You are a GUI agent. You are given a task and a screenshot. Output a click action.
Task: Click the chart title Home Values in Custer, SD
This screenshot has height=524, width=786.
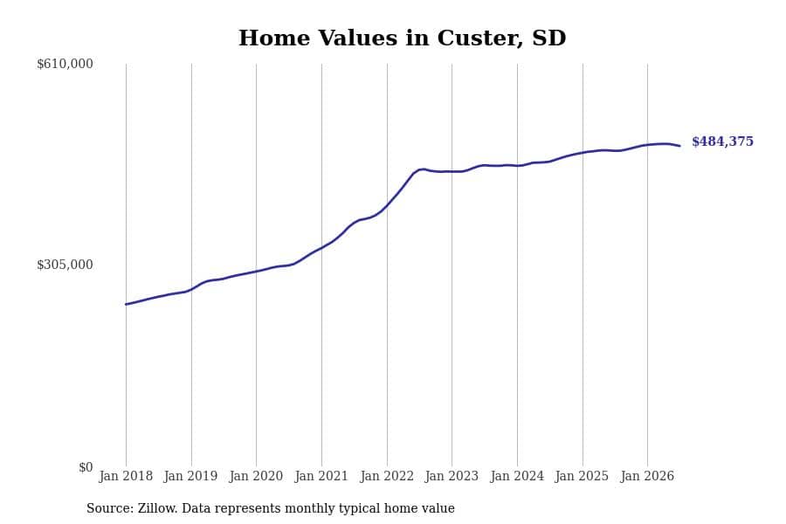tap(402, 38)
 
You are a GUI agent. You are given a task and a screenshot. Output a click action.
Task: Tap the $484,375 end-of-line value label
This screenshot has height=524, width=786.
tap(722, 141)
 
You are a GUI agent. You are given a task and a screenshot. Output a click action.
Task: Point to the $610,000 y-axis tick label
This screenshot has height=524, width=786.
tap(65, 64)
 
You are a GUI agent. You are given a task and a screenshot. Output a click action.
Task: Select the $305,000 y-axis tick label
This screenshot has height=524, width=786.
tap(65, 265)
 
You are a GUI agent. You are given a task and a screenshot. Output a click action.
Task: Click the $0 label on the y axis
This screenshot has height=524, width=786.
tap(86, 467)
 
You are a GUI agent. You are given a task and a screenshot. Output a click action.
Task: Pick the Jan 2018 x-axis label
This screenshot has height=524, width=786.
tap(126, 476)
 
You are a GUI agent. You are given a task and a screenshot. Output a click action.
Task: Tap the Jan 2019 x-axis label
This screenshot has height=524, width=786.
tap(190, 476)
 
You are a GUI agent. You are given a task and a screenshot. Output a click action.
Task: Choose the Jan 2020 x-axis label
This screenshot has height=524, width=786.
tap(256, 476)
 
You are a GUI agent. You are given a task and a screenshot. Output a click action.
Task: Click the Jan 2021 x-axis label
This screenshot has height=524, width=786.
tap(321, 476)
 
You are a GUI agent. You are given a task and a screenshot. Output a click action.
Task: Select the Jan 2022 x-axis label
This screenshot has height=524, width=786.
tap(387, 476)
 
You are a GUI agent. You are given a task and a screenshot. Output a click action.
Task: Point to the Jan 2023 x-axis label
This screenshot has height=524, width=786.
tap(452, 476)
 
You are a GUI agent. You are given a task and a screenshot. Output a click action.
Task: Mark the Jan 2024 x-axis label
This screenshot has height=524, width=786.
tap(517, 476)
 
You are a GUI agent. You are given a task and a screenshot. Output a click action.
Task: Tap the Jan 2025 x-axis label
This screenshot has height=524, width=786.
tap(582, 476)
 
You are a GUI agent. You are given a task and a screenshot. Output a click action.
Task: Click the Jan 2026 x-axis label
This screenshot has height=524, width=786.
tap(647, 476)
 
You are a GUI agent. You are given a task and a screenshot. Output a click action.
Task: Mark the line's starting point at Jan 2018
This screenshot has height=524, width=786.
tap(126, 304)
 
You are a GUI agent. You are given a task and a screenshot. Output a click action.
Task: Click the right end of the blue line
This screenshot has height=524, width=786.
tap(679, 146)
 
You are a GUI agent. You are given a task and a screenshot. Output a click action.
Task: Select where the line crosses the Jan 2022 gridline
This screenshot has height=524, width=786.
tap(387, 205)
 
